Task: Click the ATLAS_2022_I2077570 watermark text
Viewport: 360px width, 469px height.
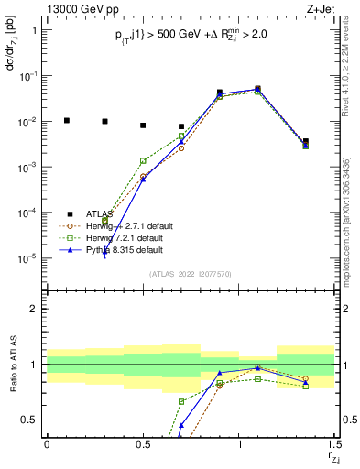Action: (x=189, y=274)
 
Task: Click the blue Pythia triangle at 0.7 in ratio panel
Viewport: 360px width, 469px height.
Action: (x=181, y=426)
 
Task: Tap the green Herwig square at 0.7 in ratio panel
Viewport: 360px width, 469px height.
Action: (x=181, y=401)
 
